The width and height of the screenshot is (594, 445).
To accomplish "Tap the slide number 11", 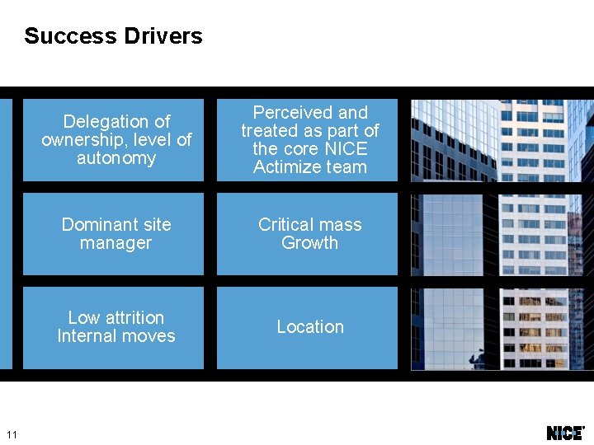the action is point(11,434).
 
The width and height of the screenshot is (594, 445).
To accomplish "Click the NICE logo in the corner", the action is point(565,433).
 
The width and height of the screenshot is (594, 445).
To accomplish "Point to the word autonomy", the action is point(116,158).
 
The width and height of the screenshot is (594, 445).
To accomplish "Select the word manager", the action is point(115,243).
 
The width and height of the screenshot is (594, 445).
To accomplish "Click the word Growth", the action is point(309,243).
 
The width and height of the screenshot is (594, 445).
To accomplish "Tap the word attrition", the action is point(128,318).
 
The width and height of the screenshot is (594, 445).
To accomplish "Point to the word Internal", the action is point(86,336).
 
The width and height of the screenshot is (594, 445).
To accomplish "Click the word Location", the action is point(309,327).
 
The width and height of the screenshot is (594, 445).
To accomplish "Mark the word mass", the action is point(341,225).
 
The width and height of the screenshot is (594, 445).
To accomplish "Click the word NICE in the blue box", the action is point(345,149).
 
